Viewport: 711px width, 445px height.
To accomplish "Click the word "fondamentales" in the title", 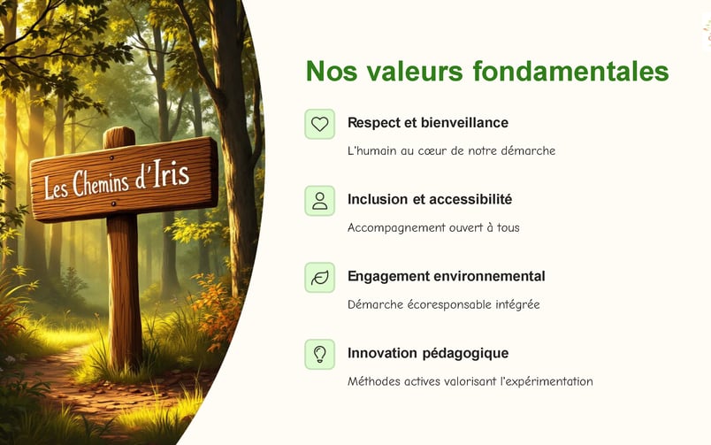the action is pos(571,72).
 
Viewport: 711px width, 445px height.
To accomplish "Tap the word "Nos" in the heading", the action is pos(332,72).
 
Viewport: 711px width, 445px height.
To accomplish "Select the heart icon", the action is pos(319,124).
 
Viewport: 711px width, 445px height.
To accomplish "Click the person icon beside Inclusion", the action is pos(319,201).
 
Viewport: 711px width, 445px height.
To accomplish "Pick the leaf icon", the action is pos(319,277).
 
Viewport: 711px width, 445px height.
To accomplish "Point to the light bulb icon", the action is pos(319,354).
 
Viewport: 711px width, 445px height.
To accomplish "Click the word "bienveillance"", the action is pos(464,122).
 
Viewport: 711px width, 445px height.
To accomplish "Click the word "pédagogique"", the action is pos(469,353).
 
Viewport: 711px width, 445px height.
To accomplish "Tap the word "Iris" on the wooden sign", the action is pos(171,173).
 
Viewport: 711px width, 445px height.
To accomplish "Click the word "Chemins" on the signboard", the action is pos(101,182).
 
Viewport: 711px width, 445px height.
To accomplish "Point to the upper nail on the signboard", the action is pos(111,157).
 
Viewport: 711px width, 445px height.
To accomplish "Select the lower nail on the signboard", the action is pos(113,204).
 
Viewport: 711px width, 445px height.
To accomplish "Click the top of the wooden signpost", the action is pos(119,129).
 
